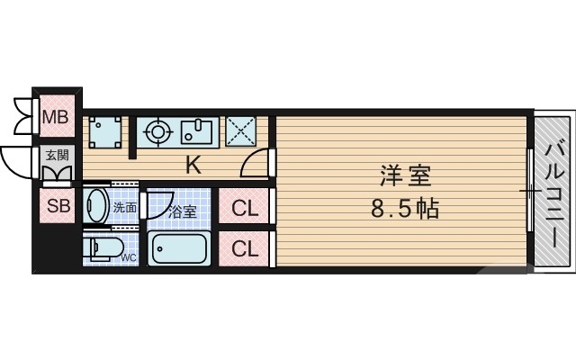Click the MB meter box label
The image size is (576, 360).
tap(57, 116)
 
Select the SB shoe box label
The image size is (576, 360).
tap(57, 206)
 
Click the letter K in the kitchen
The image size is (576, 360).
tap(193, 165)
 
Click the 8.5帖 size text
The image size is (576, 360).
tap(404, 211)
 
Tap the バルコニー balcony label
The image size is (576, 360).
tap(554, 193)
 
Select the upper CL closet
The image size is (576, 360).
tap(245, 208)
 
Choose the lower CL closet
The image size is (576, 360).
tap(245, 248)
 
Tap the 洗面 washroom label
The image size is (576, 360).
tap(124, 209)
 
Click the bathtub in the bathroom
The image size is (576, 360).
tap(179, 247)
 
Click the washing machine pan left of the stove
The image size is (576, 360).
tap(106, 131)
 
